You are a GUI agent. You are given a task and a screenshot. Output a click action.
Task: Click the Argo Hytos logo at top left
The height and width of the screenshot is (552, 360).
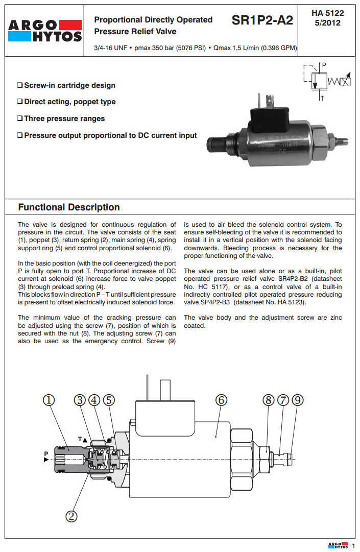pos(44,30)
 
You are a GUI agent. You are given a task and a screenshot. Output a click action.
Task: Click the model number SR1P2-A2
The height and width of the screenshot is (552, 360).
pos(262,20)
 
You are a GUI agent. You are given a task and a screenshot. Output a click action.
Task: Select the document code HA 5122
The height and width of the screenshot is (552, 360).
pos(327,13)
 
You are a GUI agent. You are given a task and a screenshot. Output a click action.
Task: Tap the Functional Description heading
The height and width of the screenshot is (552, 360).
pos(69,207)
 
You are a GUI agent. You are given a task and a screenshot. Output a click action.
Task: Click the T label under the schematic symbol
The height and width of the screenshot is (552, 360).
pos(321,98)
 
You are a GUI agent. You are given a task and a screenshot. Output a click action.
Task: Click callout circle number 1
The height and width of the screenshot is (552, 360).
pos(49,400)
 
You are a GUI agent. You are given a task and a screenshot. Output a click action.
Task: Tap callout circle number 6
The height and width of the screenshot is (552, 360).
pos(221,400)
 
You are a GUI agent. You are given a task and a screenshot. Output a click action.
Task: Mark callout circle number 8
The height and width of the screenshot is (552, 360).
pos(269,400)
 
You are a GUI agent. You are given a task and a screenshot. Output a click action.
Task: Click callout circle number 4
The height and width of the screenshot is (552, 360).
pos(94,400)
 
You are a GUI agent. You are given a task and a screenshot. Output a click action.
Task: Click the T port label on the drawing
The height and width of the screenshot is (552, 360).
pos(80,438)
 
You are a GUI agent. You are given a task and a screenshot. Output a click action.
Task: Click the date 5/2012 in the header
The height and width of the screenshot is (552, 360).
pos(327,22)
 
